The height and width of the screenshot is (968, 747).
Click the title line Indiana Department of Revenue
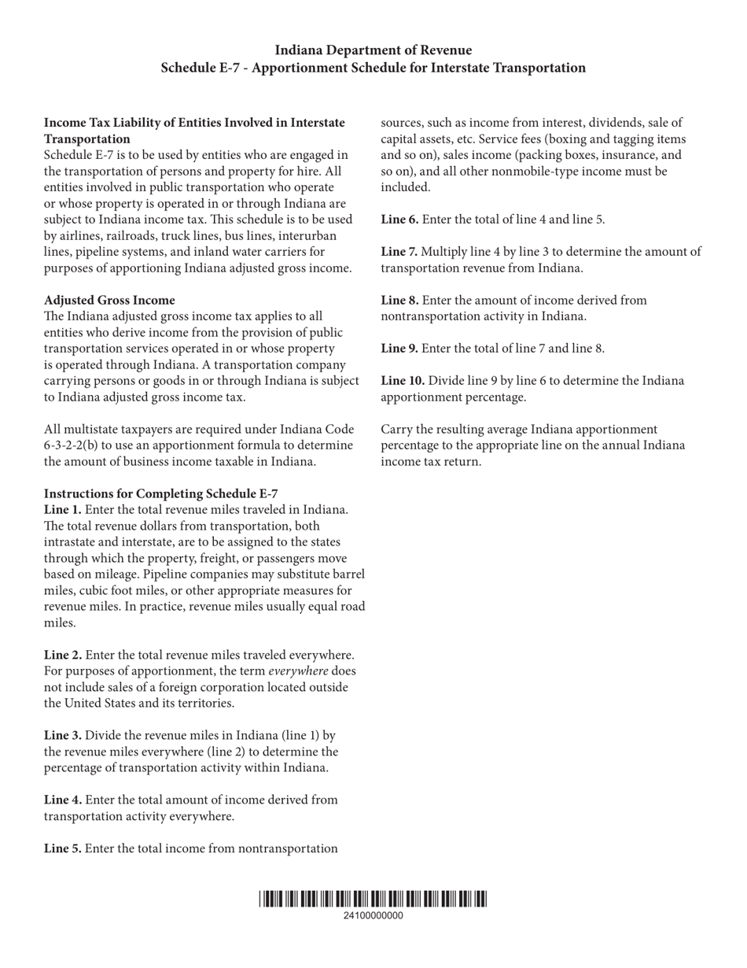373,50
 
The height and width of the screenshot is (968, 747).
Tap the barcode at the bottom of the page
373,899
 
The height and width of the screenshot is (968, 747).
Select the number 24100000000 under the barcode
373,915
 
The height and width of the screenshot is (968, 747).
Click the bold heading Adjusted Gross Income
109,300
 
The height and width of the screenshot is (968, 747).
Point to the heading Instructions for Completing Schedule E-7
160,493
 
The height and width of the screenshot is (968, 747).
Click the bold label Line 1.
62,509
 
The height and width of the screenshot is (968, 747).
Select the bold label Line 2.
62,655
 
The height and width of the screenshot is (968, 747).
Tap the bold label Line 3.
62,735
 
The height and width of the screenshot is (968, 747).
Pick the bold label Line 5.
62,848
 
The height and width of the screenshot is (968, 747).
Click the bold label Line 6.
399,219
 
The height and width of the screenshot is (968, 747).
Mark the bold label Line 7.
399,251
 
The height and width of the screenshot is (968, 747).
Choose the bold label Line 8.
399,300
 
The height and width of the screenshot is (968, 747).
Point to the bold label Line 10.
403,380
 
